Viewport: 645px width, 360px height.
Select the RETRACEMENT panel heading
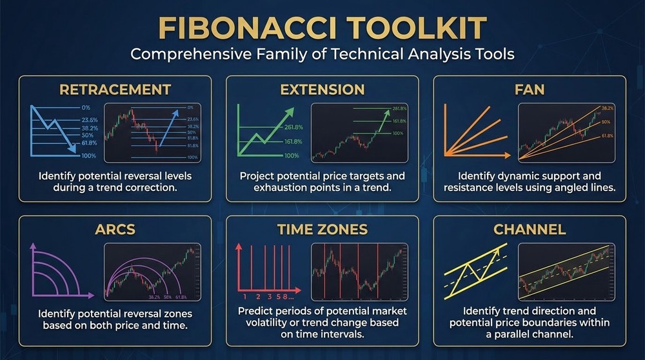(x=115, y=89)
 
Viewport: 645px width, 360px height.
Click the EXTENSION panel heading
(x=322, y=89)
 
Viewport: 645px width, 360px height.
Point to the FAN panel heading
(x=530, y=89)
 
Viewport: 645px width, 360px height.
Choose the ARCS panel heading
(x=115, y=229)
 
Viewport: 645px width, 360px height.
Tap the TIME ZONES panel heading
(x=322, y=229)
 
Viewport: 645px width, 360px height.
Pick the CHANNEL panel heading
(x=530, y=229)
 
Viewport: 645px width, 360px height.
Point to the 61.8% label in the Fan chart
(x=608, y=137)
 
